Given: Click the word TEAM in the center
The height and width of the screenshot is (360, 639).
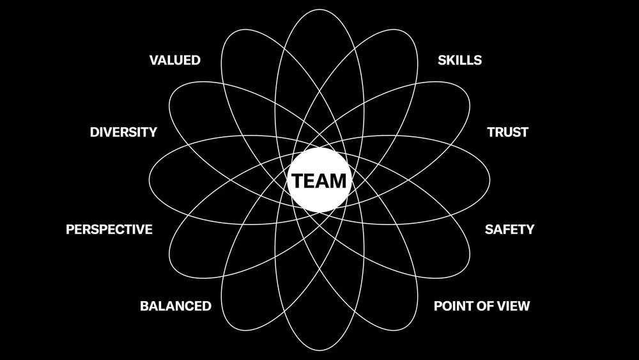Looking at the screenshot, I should tap(319, 181).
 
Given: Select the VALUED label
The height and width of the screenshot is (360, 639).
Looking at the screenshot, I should tap(174, 61).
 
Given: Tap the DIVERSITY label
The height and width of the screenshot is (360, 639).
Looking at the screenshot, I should tap(123, 132).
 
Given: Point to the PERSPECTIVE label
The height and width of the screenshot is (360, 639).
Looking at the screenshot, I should tap(109, 229).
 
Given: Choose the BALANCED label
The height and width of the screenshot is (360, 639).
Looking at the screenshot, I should tap(176, 306).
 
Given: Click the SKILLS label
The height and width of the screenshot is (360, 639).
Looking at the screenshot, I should tap(459, 61).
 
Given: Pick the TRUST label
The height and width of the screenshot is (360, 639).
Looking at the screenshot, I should tap(507, 132).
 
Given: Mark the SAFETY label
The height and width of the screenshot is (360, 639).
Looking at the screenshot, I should tap(509, 229).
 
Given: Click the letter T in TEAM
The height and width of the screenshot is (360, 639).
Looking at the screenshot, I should tap(298, 181).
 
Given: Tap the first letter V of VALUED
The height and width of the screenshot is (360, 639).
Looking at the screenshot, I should tap(153, 61).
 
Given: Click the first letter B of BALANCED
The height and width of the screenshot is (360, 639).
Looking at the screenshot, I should tap(144, 306).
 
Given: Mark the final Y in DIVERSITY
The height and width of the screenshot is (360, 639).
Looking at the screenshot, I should tap(153, 132).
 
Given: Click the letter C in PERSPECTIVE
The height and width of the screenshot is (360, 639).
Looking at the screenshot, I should tap(121, 229).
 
